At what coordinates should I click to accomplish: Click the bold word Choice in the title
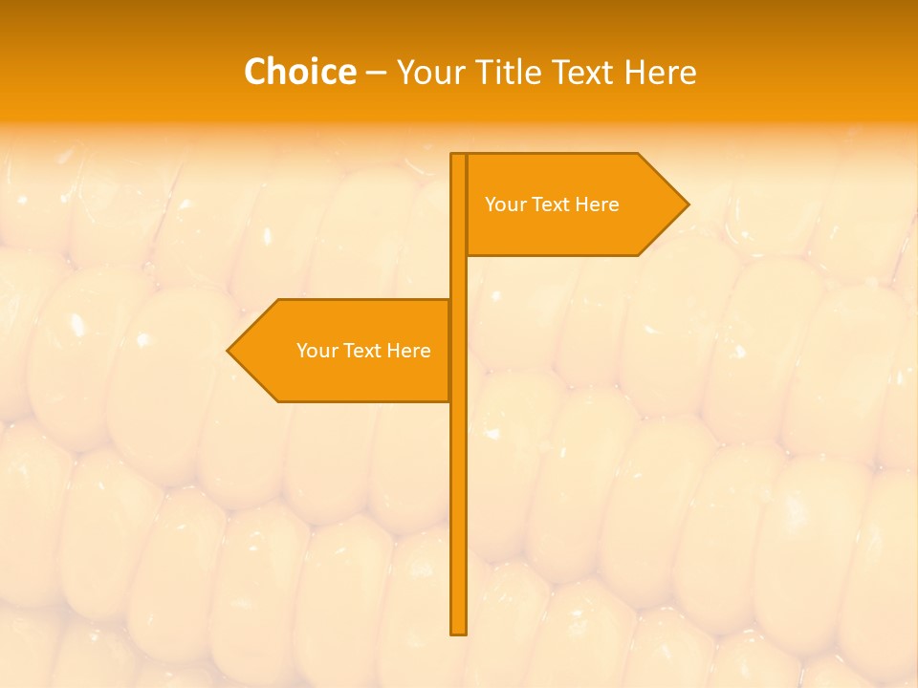coord(299,72)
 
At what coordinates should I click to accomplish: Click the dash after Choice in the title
coord(376,74)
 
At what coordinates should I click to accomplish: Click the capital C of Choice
coord(255,72)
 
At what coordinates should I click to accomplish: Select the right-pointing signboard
coord(574,204)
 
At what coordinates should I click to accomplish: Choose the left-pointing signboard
coord(344,351)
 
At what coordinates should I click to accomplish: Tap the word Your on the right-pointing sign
coord(504,204)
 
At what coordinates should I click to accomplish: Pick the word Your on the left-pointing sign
coord(316,351)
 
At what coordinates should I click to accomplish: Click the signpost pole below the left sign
coord(459,516)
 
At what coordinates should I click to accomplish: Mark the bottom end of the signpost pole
coord(459,632)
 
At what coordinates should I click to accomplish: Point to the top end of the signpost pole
coord(459,156)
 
